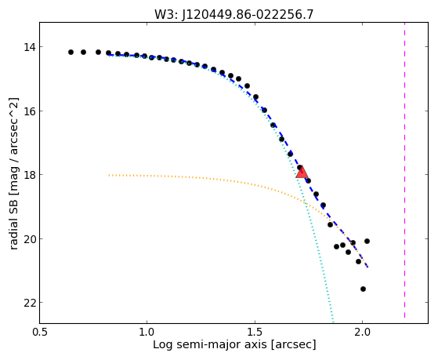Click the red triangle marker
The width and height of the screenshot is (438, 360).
[x=302, y=173]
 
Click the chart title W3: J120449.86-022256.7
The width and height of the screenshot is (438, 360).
[x=234, y=15]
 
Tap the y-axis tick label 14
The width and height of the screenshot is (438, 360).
[x=29, y=47]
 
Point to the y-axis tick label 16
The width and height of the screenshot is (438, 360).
[x=29, y=111]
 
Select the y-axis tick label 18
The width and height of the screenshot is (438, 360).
[x=29, y=175]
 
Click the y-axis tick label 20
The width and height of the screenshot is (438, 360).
[x=29, y=238]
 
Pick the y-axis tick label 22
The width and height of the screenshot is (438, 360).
[x=29, y=303]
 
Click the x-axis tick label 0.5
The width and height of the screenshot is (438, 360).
[x=39, y=333]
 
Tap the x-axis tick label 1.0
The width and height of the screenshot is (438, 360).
[x=147, y=333]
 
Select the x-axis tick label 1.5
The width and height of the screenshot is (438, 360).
[x=255, y=333]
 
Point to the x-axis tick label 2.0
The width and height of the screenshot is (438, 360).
[x=362, y=333]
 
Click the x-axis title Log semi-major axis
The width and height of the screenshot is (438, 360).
[x=210, y=345]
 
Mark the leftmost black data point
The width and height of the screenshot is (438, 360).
[x=71, y=53]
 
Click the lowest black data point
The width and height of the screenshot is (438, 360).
[x=363, y=289]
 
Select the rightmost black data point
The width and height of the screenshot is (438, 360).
[x=367, y=241]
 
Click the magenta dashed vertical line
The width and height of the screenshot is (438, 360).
[x=404, y=170]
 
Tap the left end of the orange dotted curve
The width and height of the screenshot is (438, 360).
[x=109, y=176]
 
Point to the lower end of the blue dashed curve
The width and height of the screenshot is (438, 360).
[x=368, y=267]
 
